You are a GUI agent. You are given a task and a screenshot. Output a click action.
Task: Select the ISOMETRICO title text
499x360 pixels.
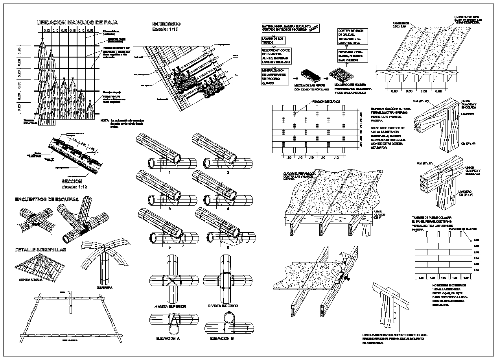point(166,24)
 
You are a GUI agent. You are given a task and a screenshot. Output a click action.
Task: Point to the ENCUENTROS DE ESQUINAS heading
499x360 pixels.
point(46,199)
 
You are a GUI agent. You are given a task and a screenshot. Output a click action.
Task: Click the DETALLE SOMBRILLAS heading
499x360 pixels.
point(40,250)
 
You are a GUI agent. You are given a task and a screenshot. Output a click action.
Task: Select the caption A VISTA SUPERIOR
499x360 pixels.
point(170,306)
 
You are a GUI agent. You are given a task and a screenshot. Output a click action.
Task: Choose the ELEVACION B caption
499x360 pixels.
point(222,338)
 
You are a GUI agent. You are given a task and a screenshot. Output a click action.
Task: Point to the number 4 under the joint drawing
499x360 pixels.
point(228,209)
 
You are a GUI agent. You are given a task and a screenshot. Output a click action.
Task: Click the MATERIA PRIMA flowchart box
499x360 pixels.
point(291,28)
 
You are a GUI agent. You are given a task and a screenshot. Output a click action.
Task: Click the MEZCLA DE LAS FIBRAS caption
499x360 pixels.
point(311,87)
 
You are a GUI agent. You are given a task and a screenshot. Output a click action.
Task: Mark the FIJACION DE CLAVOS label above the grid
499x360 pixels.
point(326,102)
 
